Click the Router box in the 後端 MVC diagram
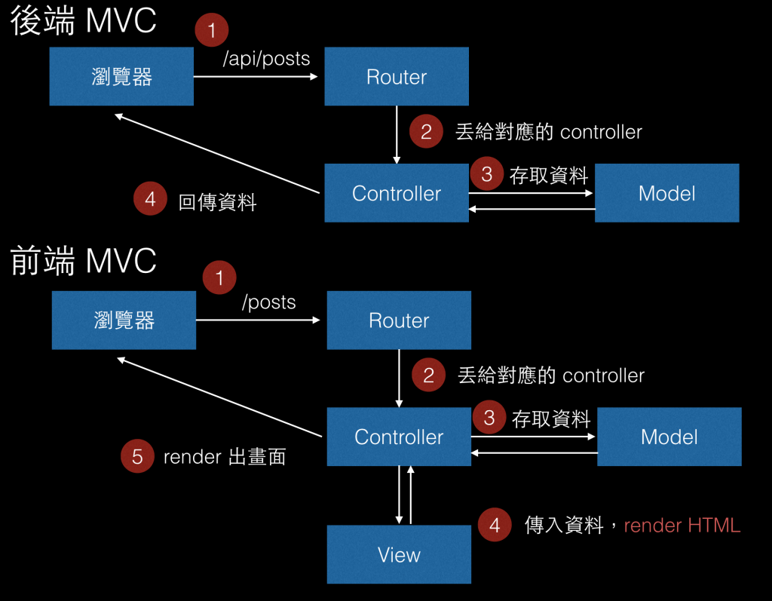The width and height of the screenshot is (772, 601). [397, 77]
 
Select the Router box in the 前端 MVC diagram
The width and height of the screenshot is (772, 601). [399, 320]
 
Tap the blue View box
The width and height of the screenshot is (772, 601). [399, 555]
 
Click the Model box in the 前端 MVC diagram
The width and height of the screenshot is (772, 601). [669, 437]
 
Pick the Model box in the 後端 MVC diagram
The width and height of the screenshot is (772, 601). [667, 193]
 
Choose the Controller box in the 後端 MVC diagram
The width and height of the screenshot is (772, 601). [397, 193]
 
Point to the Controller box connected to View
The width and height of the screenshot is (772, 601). [399, 437]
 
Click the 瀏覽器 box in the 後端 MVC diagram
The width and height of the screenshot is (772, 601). [121, 77]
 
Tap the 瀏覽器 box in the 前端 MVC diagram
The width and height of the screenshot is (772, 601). [124, 320]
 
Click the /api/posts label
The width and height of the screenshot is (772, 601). [266, 59]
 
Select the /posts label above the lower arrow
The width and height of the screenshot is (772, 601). [268, 302]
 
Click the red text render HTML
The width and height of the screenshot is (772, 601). [682, 526]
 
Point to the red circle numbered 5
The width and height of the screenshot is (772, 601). [137, 456]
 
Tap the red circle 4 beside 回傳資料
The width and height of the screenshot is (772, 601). [150, 200]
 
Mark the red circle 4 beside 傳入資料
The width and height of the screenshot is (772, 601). [495, 526]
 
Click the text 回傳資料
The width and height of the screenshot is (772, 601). [217, 202]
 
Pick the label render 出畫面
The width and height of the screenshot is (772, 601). [225, 457]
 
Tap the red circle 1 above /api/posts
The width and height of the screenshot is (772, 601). [212, 31]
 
